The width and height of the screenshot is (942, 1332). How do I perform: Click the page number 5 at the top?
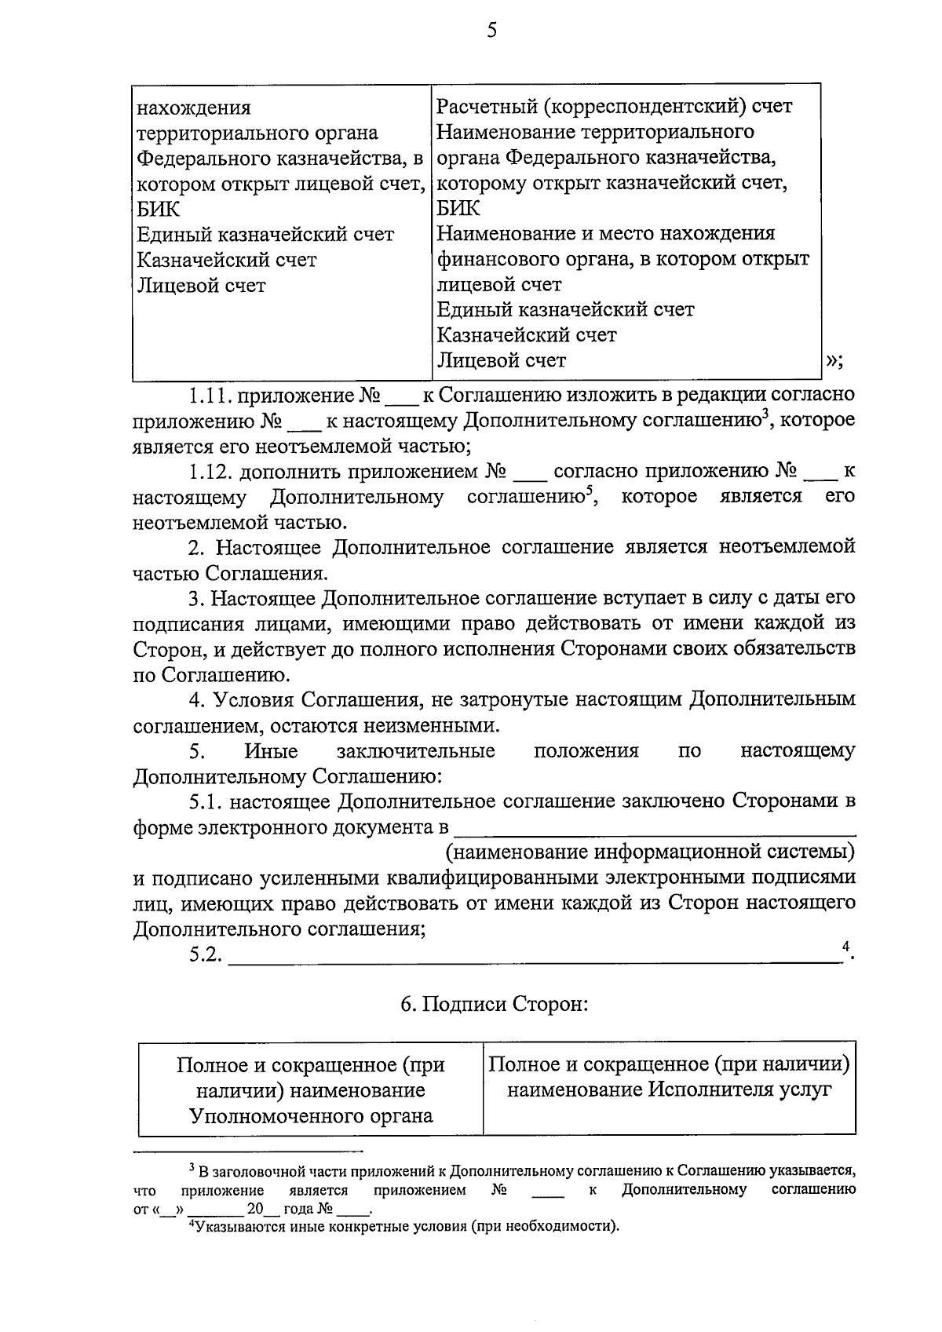click(491, 31)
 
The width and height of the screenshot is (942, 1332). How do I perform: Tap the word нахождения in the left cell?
click(194, 108)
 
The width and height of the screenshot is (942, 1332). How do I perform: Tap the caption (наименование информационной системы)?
click(649, 852)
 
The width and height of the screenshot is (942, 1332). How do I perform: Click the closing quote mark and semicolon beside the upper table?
click(834, 361)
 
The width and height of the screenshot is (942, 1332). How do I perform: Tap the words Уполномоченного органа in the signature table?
click(311, 1115)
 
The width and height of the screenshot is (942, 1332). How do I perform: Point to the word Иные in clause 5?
click(271, 752)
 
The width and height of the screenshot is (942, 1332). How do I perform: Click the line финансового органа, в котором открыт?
click(623, 259)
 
